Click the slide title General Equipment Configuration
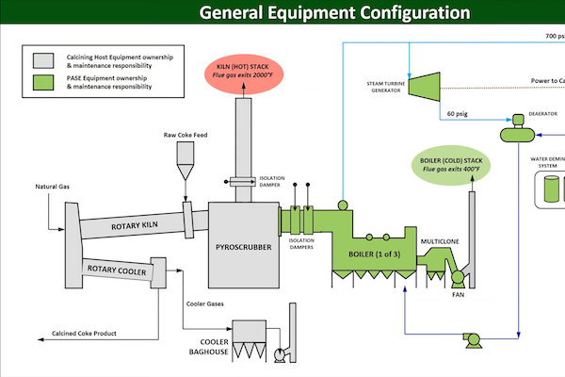334,13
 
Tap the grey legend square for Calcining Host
44,59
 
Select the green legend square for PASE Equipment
44,84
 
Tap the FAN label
459,295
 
